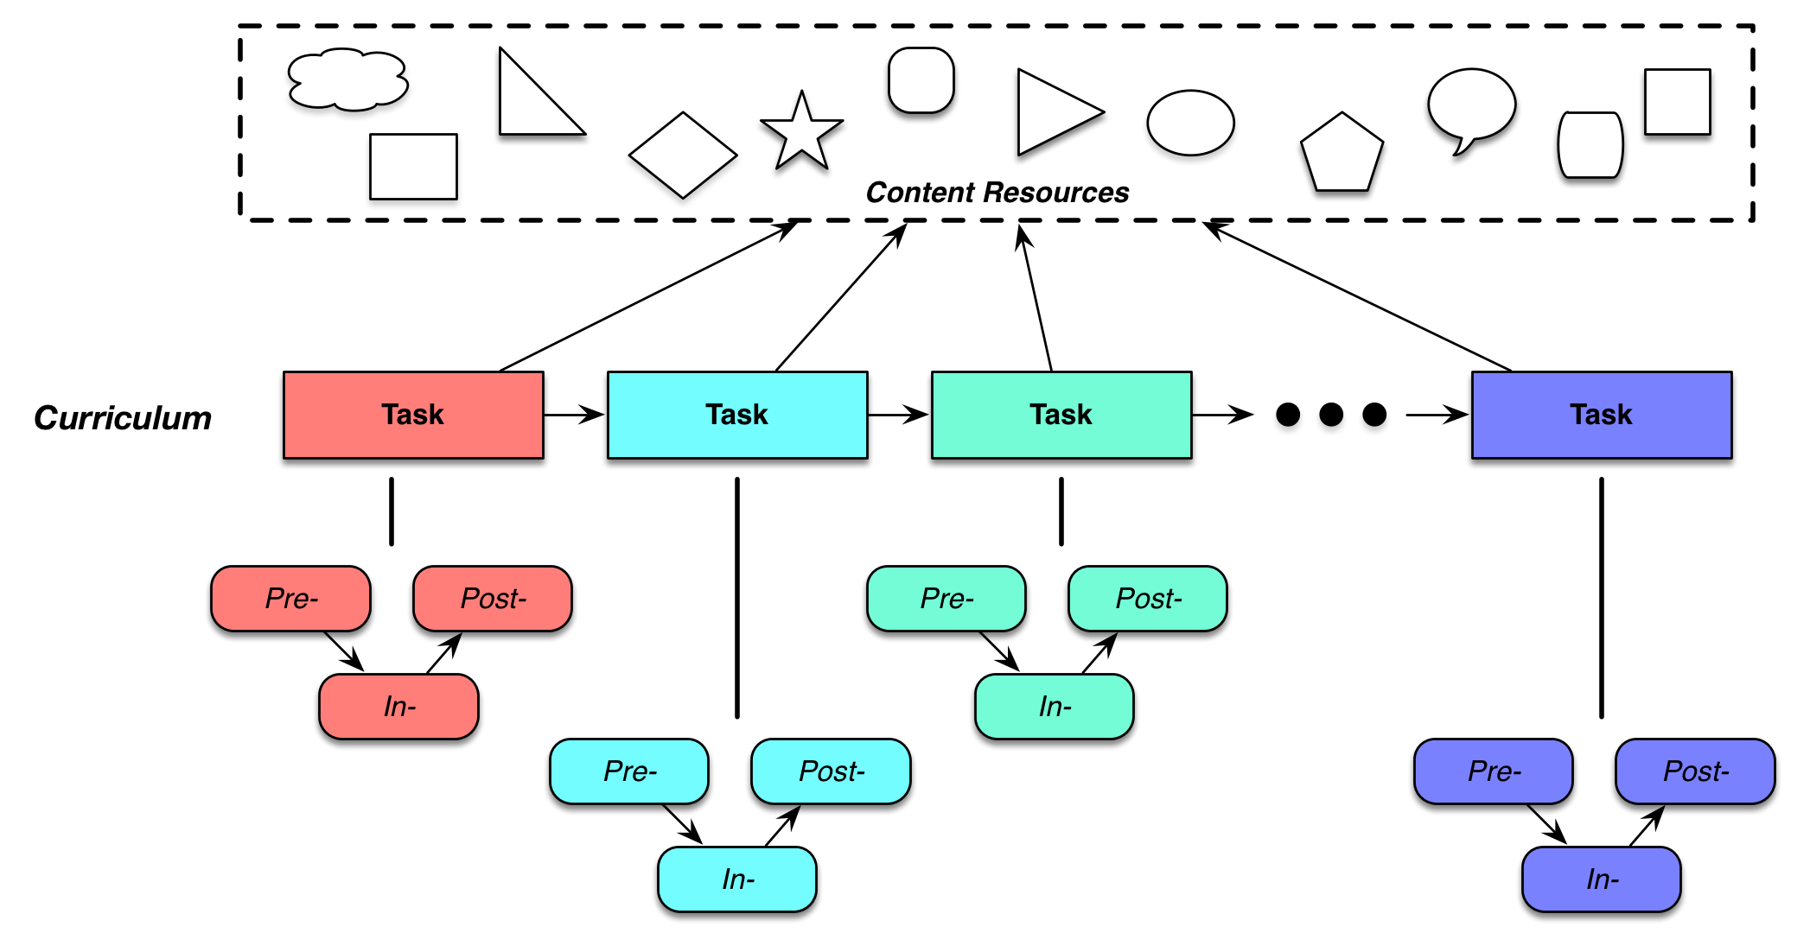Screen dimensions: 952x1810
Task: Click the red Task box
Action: point(413,415)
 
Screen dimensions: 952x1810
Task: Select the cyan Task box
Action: point(737,415)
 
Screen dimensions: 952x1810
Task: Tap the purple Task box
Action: point(1602,415)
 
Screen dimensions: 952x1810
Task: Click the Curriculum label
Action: point(123,418)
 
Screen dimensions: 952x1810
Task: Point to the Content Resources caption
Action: point(997,192)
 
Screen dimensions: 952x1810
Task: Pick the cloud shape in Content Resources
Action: point(347,79)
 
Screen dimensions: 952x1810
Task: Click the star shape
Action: point(801,134)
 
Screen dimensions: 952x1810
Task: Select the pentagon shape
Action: point(1342,154)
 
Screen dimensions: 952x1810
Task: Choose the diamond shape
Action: point(683,155)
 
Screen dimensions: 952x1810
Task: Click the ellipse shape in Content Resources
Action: point(1190,123)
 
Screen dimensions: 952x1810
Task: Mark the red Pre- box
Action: point(290,599)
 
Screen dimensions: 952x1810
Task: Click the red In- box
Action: point(398,707)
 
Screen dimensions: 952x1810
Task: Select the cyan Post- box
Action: point(831,771)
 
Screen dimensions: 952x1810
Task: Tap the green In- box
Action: point(1055,707)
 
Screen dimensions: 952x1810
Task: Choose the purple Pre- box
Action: point(1494,771)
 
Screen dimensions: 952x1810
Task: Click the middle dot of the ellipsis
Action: point(1331,415)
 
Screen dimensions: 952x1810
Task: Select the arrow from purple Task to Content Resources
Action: point(1357,296)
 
